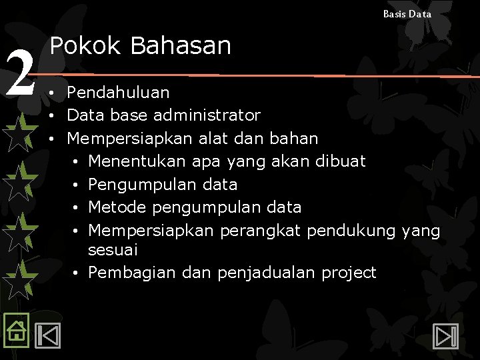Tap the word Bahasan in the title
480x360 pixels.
[x=181, y=46]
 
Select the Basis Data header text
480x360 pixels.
[x=407, y=13]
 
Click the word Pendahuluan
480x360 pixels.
[x=118, y=93]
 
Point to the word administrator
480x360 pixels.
[x=207, y=115]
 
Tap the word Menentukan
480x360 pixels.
[x=137, y=161]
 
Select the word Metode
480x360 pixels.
[x=117, y=207]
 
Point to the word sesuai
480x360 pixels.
[x=113, y=250]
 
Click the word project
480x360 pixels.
[x=349, y=273]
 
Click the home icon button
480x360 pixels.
[x=15, y=329]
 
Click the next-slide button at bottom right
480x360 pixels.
[x=445, y=335]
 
